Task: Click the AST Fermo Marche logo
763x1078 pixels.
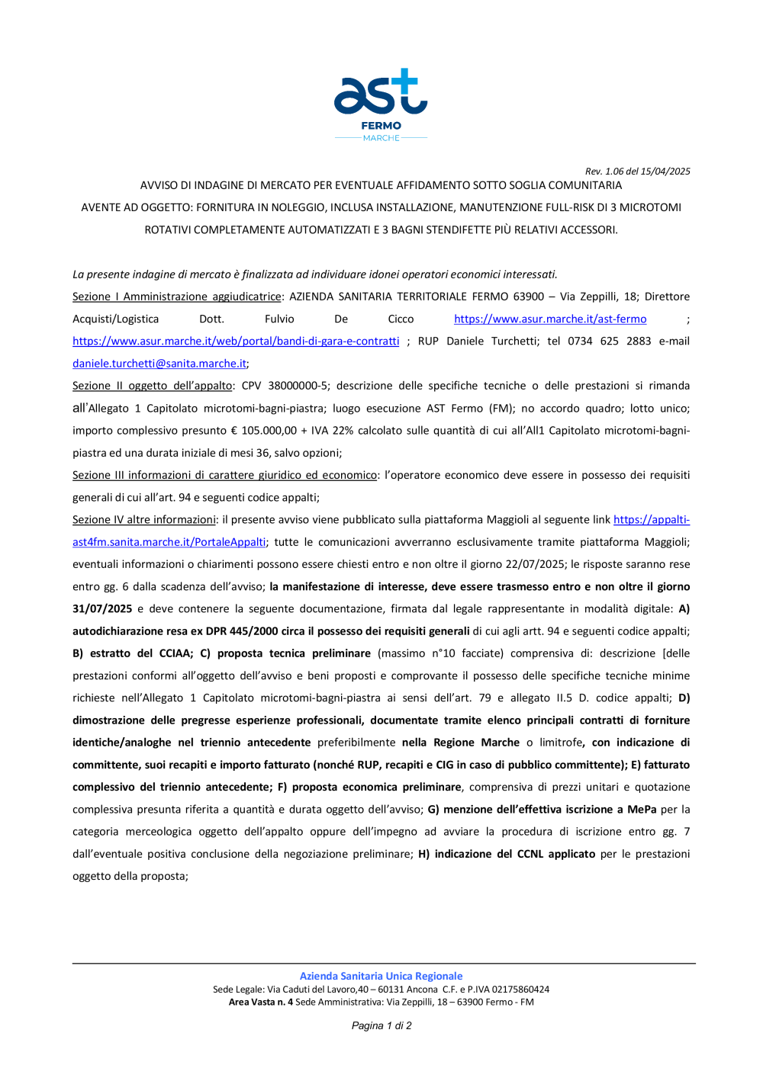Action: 381,104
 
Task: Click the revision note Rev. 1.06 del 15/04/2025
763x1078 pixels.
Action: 637,172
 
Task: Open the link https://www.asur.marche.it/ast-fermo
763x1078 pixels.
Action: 550,319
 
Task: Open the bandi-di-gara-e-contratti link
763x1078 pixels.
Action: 236,341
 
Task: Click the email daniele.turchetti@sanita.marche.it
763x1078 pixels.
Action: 159,364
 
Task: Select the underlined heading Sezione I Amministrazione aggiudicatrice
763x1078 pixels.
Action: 177,297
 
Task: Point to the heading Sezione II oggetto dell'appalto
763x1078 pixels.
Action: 153,386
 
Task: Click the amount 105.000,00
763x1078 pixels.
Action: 269,431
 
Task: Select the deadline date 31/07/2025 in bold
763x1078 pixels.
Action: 102,608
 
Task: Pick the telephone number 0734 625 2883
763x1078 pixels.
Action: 609,341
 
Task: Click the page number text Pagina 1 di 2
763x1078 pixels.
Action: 381,1025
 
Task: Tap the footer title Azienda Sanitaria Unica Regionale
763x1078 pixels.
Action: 381,976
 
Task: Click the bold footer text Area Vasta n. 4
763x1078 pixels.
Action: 260,1002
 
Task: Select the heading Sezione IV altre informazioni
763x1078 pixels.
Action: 144,520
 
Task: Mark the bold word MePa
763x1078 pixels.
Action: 642,809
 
